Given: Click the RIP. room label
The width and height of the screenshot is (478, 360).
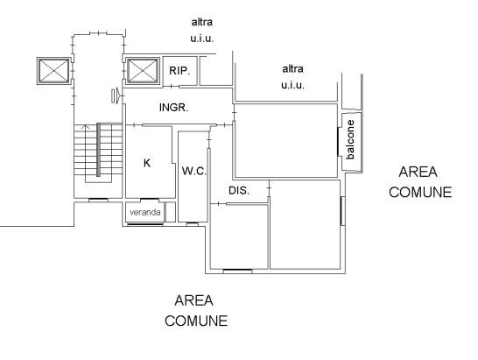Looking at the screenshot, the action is (179, 71).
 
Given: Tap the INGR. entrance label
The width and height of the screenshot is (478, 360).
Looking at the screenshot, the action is (173, 108).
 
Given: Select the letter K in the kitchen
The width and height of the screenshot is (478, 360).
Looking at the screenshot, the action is (147, 163).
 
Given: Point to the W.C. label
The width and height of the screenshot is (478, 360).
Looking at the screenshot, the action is (194, 171).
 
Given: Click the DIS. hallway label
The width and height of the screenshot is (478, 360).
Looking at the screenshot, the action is (239, 191).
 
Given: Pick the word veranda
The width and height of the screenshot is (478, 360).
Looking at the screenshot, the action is (145, 212).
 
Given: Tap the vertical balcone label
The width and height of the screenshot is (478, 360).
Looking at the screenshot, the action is (350, 139).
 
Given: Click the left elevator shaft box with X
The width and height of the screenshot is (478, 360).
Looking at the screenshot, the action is (54, 71).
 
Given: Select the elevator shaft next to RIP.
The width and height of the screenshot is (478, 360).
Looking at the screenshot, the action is (143, 71).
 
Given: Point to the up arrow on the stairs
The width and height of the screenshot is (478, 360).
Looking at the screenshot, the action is (87, 127).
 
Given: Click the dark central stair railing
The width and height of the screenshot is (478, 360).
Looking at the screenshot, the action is (98, 150).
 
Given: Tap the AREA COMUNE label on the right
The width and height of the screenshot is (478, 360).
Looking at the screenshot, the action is (420, 182).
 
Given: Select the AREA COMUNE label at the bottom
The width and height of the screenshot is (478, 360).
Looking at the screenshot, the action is (196, 311).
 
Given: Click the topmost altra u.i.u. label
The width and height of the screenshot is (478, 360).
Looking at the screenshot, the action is (202, 30).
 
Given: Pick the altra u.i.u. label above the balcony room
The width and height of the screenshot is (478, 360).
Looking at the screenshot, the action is (292, 77).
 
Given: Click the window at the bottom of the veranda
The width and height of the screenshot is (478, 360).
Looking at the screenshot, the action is (145, 224).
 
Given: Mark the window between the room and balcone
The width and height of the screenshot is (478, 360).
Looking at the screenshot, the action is (339, 142).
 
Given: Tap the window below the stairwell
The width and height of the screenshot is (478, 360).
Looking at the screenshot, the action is (98, 200).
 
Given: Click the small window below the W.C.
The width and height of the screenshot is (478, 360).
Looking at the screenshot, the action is (193, 224).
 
